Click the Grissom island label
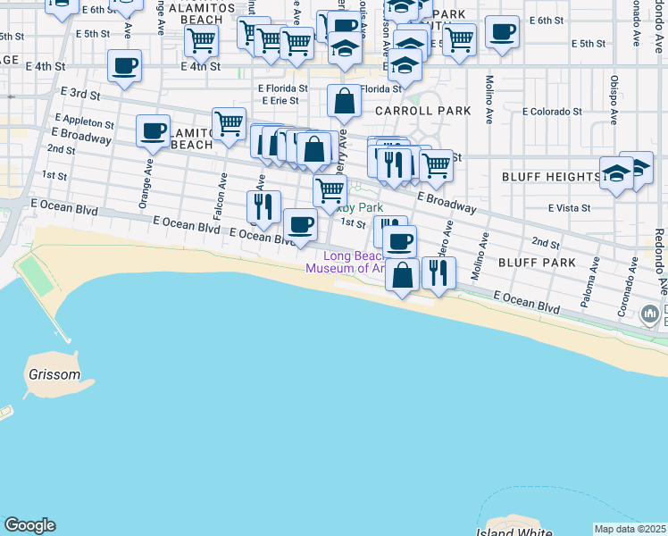point(54,374)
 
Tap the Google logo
point(29,525)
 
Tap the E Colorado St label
point(553,113)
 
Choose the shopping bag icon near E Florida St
point(344,103)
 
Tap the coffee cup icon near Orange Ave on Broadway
point(154,130)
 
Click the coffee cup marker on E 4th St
point(124,64)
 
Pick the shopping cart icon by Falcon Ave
point(229,122)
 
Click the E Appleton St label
point(84,121)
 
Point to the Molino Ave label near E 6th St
point(489,90)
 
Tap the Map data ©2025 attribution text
point(630,529)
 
